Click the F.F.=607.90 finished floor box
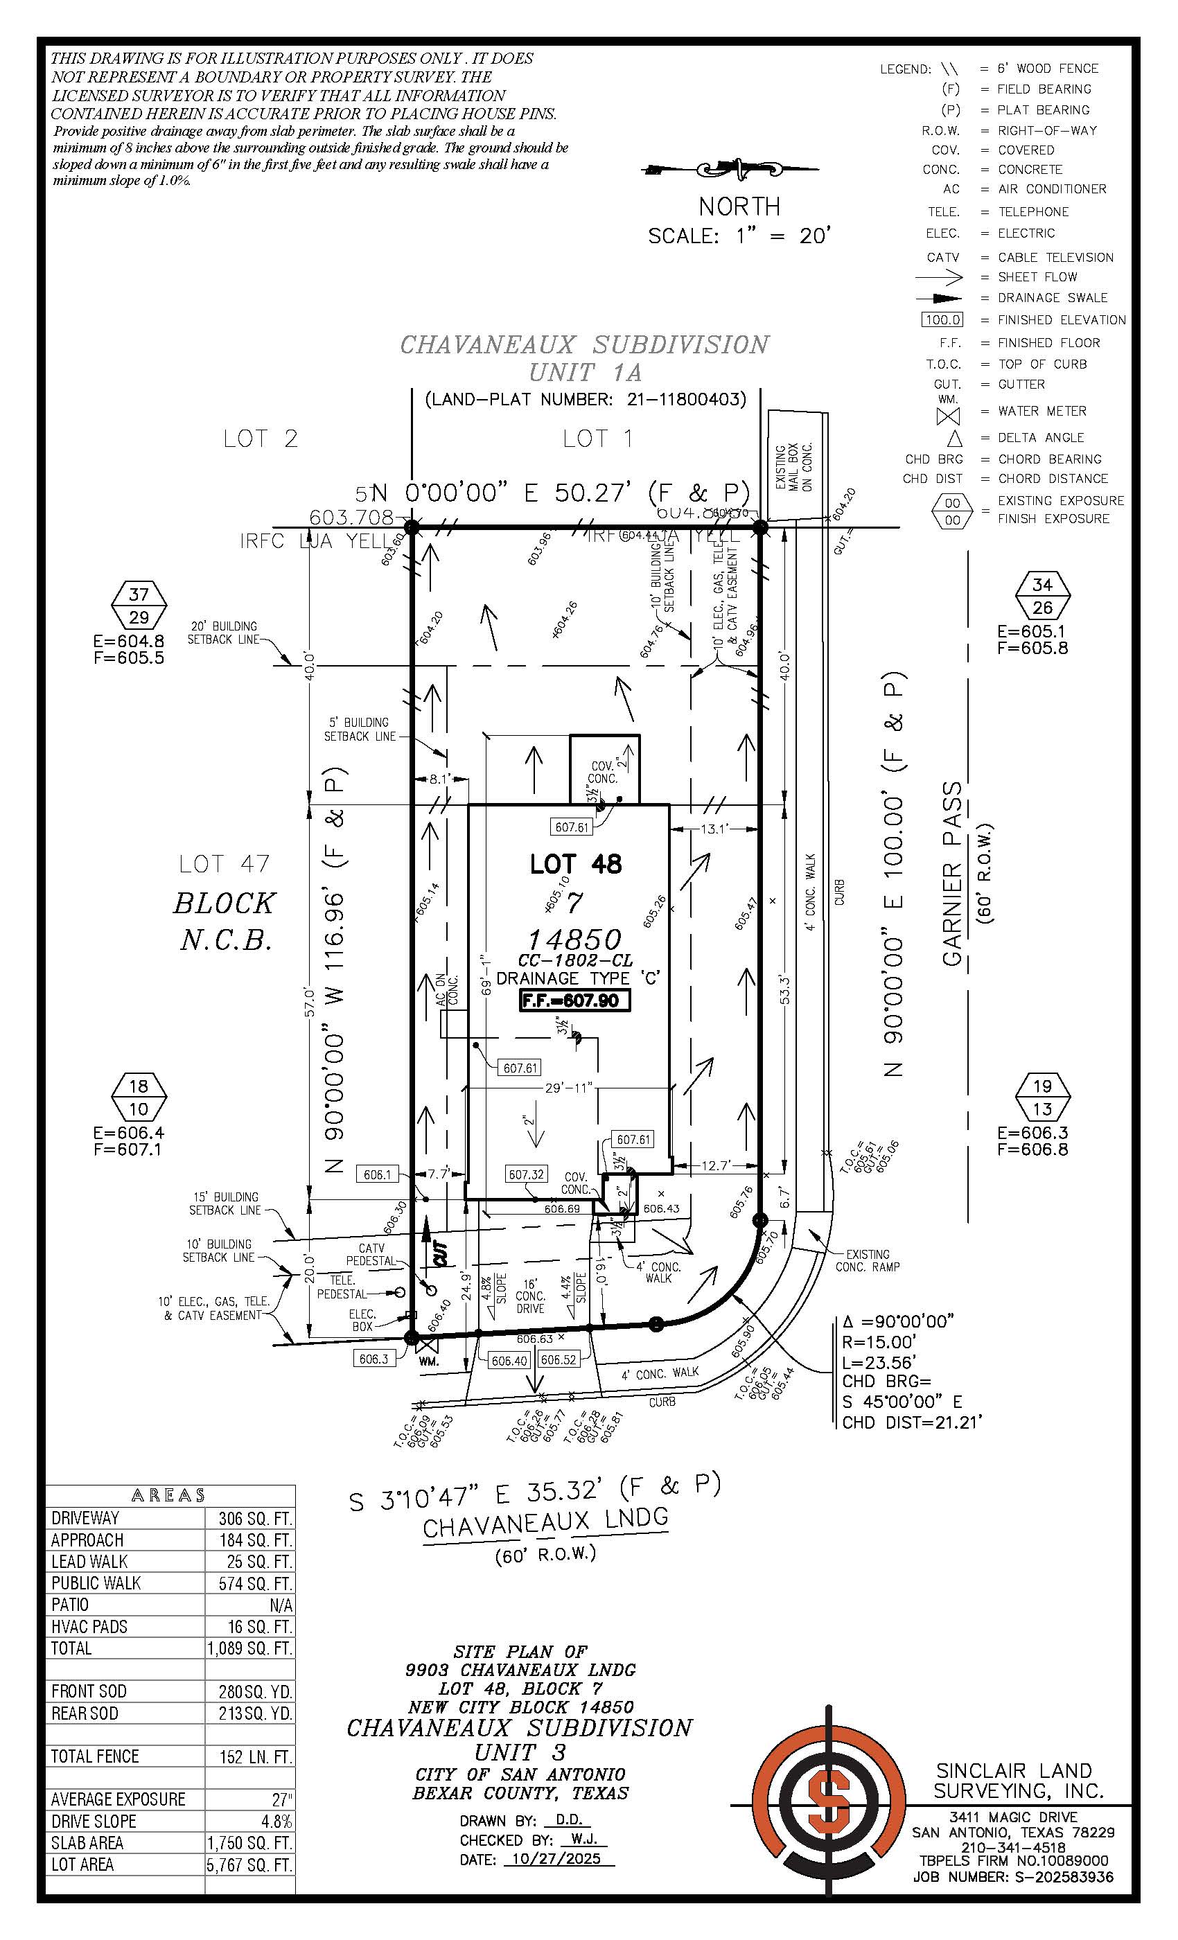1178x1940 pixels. pyautogui.click(x=575, y=1000)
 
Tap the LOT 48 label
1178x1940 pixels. pyautogui.click(x=576, y=864)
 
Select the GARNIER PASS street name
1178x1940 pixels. pyautogui.click(x=953, y=874)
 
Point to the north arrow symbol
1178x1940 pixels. pyautogui.click(x=731, y=168)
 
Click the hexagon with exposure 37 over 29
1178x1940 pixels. pyautogui.click(x=139, y=606)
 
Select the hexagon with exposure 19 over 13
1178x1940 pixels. pyautogui.click(x=1041, y=1097)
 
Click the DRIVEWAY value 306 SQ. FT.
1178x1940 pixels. pyautogui.click(x=249, y=1518)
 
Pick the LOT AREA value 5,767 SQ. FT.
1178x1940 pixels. pyautogui.click(x=249, y=1864)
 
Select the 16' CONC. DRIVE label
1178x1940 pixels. pyautogui.click(x=530, y=1295)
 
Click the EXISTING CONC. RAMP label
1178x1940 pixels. pyautogui.click(x=867, y=1260)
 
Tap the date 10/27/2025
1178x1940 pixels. pyautogui.click(x=556, y=1858)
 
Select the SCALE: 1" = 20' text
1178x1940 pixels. pyautogui.click(x=739, y=236)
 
